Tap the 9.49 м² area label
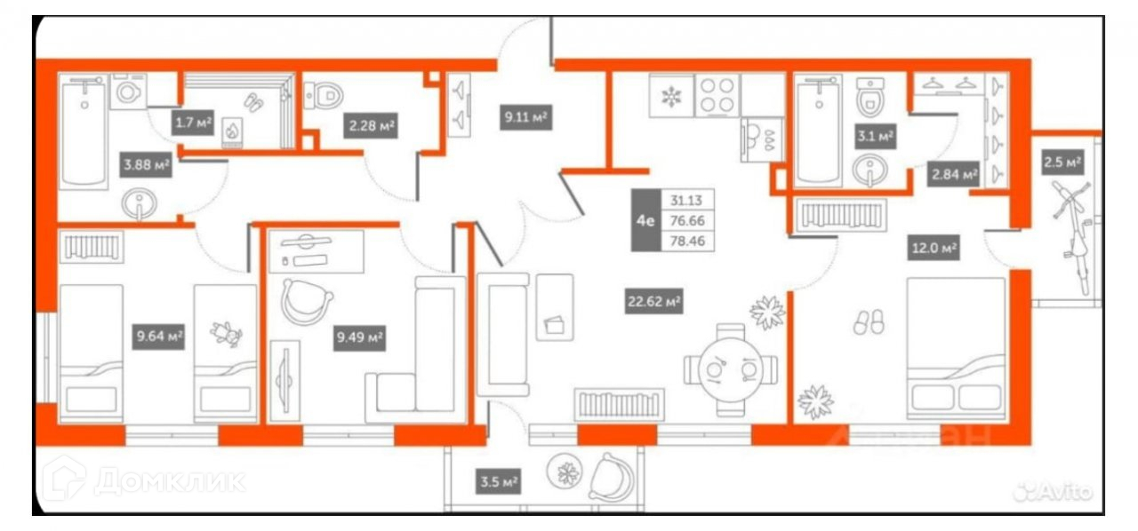click(360, 337)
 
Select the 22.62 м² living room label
click(653, 303)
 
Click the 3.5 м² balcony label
click(497, 482)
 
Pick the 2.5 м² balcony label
click(1062, 162)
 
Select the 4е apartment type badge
click(645, 220)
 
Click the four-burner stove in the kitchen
click(717, 95)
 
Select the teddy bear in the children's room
click(226, 336)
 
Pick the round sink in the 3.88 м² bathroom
click(140, 205)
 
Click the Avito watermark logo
click(1056, 488)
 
